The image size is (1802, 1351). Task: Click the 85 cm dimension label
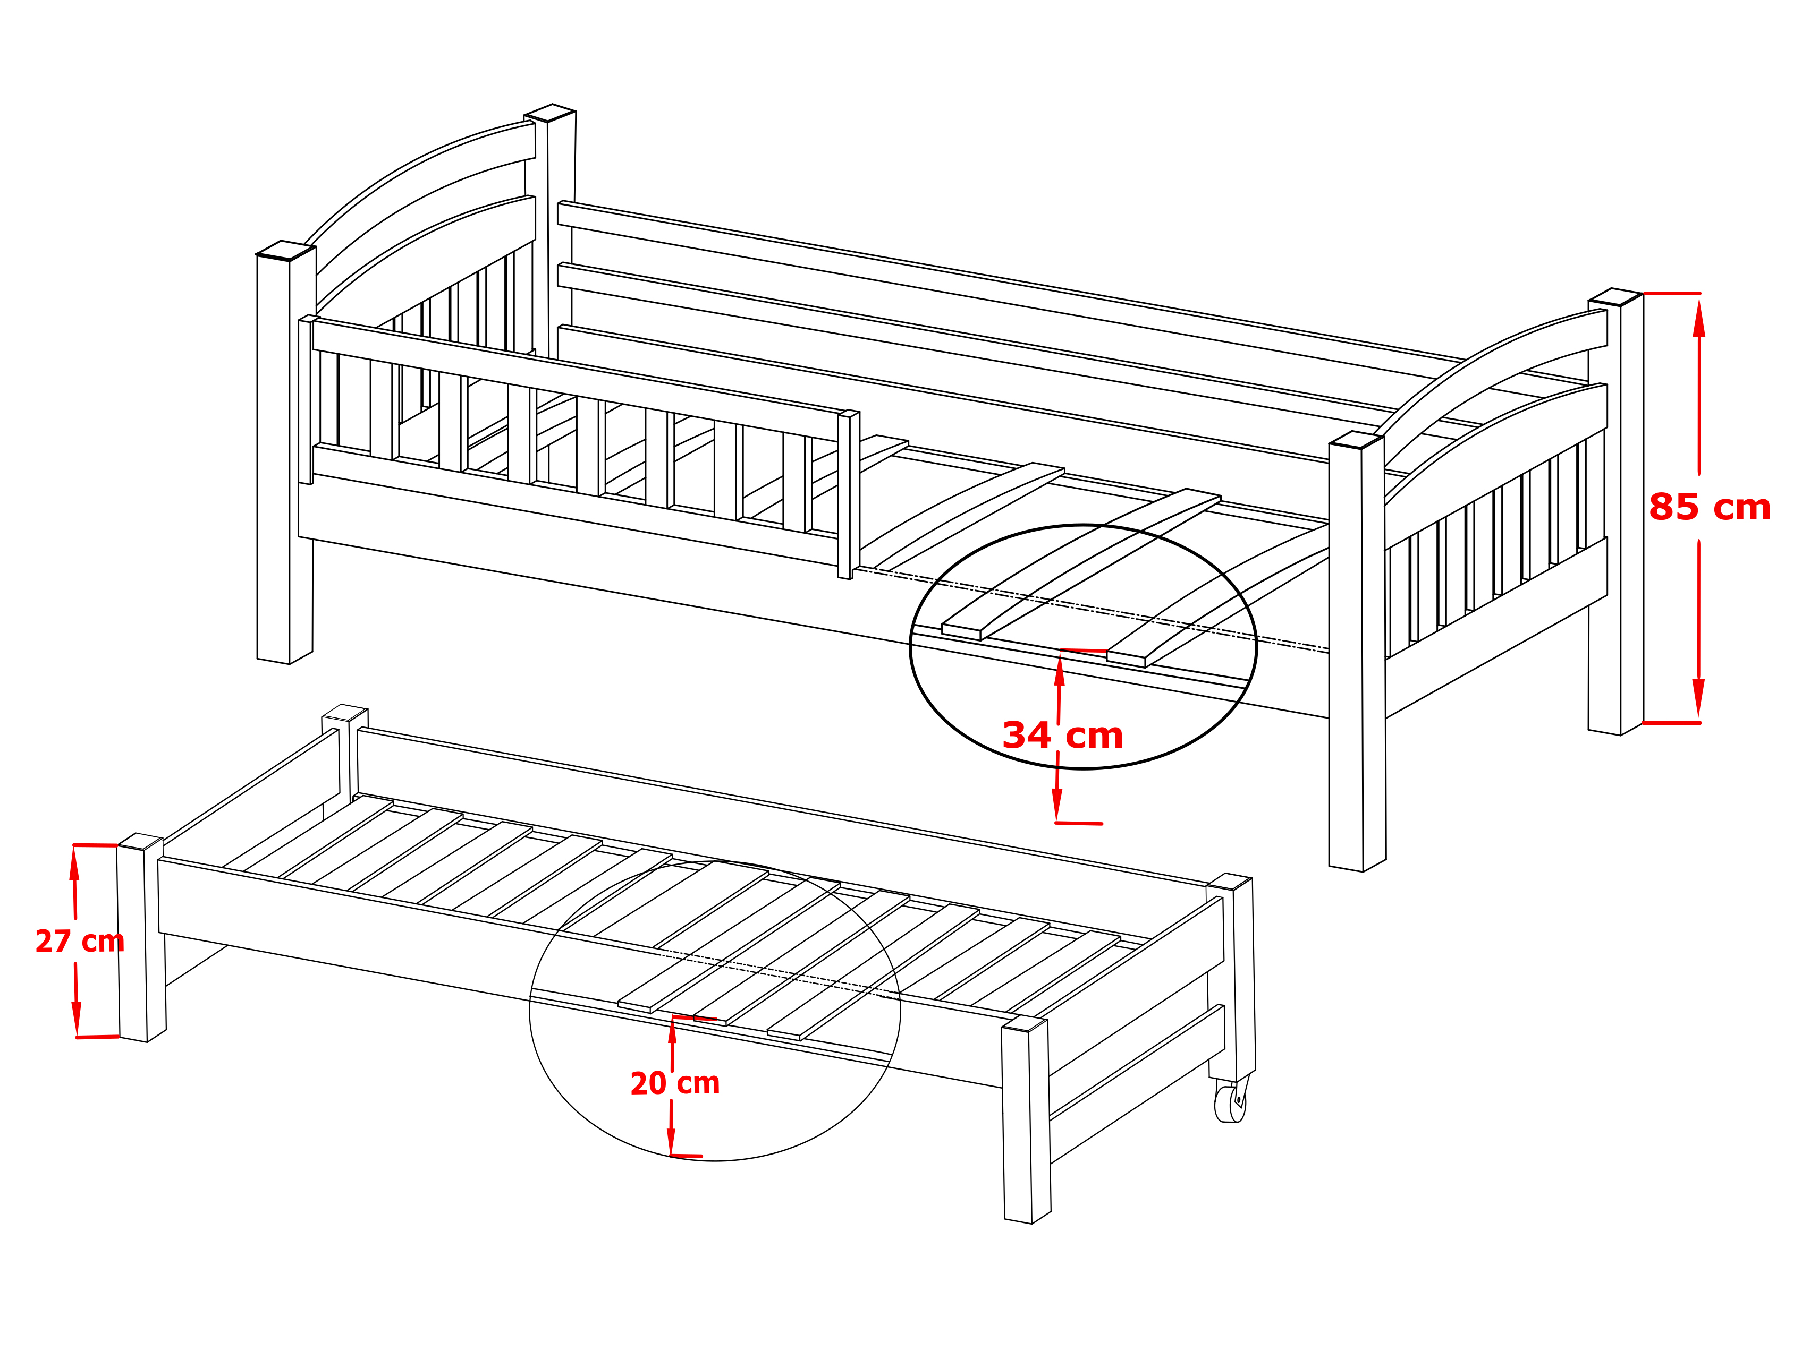(1709, 507)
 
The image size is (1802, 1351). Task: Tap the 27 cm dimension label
(80, 942)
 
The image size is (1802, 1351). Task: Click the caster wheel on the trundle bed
(1230, 1102)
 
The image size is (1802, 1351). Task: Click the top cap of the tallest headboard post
(550, 113)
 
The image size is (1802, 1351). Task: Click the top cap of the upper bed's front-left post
(286, 251)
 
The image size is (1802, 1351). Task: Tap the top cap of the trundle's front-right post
(1024, 1023)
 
